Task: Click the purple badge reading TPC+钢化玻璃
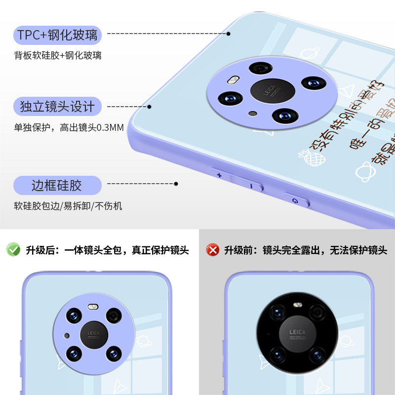point(58,35)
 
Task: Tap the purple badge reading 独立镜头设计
point(57,106)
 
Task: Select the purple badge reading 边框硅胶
point(57,186)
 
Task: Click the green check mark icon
point(13,250)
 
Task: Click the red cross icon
point(213,250)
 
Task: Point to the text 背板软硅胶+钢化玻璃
point(58,56)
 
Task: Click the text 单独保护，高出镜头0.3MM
point(69,128)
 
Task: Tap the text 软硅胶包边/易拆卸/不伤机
point(68,206)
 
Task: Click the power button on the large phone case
point(296,200)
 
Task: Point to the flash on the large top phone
point(232,79)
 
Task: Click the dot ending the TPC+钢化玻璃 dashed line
point(229,34)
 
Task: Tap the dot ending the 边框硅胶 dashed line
point(176,184)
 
